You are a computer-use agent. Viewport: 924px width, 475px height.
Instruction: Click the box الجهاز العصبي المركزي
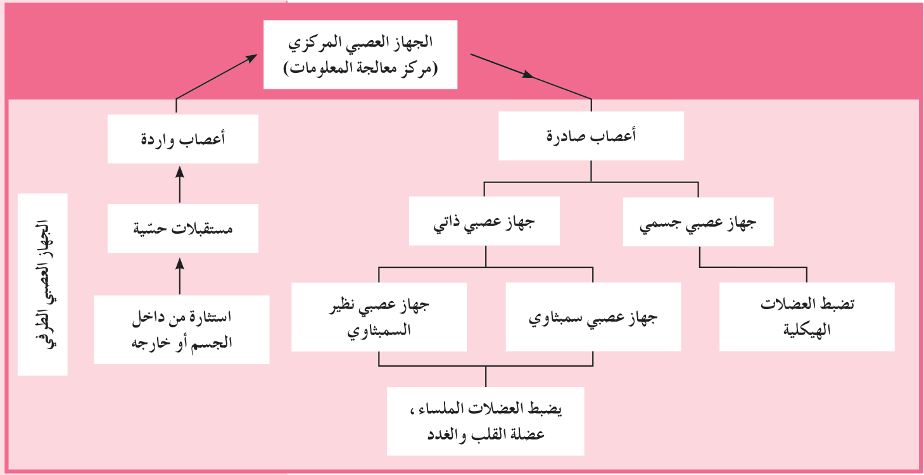[360, 54]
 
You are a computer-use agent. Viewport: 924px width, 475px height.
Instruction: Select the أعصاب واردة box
[183, 139]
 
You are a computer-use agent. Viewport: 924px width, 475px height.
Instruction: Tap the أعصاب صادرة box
[591, 136]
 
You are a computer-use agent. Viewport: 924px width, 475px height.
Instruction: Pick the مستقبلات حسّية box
[183, 228]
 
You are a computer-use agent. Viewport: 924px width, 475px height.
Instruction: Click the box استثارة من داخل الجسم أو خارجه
[182, 329]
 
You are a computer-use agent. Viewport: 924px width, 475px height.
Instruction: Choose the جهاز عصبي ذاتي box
[484, 221]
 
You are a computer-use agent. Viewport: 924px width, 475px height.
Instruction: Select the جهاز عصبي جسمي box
[698, 222]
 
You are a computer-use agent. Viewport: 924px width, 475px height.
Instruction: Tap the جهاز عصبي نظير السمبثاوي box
[379, 317]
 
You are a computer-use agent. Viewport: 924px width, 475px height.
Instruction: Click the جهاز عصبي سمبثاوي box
[593, 317]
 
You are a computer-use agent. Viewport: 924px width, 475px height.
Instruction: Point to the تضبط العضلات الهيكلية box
[807, 317]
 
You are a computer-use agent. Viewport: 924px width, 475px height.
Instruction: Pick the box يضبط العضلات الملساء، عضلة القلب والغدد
[486, 421]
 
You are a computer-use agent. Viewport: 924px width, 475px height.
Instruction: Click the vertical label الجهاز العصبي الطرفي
[42, 284]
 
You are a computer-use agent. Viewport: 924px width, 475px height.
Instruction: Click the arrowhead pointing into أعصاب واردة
[180, 172]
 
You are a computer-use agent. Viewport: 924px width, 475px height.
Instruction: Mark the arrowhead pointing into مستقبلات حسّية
[180, 264]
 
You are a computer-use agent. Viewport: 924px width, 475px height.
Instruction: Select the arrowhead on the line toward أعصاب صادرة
[528, 74]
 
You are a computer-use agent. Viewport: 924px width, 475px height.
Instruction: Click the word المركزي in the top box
[311, 42]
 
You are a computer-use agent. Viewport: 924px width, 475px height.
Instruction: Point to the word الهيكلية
[807, 330]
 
